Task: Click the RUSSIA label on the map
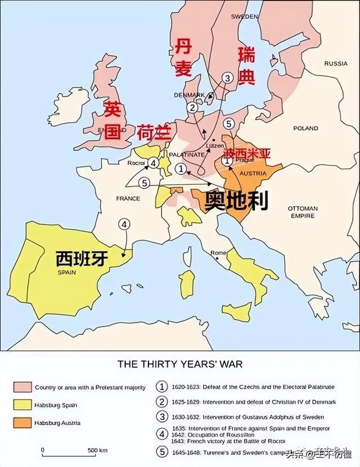[336, 64]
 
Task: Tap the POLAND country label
[305, 129]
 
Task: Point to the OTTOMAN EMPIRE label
[303, 212]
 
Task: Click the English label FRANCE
[128, 198]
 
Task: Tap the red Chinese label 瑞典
[246, 66]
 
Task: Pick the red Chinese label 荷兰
[154, 132]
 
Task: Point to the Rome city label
[218, 253]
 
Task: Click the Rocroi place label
[136, 163]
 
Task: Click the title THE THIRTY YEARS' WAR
[180, 364]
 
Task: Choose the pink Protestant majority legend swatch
[22, 387]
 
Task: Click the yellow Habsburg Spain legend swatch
[22, 405]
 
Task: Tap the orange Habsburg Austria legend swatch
[22, 423]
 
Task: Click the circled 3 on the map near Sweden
[227, 78]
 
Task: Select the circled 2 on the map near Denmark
[192, 107]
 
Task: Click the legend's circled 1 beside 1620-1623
[162, 387]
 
